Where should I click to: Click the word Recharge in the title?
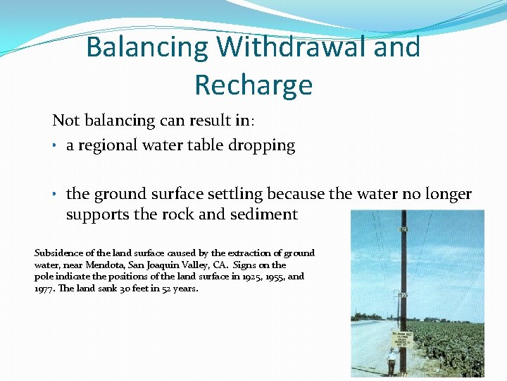click(x=254, y=85)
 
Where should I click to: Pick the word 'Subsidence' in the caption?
click(x=58, y=253)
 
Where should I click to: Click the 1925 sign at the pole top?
click(x=404, y=229)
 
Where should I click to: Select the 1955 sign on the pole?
click(x=403, y=295)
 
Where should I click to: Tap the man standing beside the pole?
click(x=392, y=361)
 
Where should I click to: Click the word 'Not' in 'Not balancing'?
click(x=65, y=121)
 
